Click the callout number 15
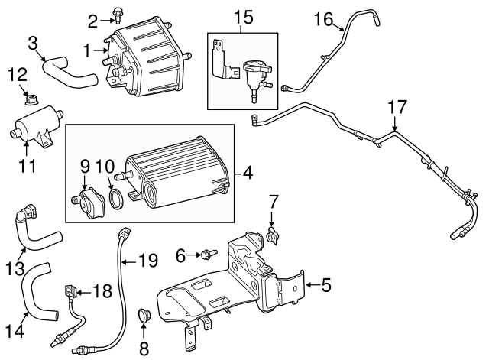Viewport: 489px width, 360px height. click(x=241, y=16)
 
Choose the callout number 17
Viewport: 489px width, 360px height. click(x=396, y=108)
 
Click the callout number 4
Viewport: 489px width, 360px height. click(x=248, y=174)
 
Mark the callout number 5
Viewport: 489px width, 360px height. click(x=325, y=287)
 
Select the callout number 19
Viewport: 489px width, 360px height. click(x=149, y=261)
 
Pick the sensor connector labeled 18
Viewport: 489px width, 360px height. click(x=73, y=291)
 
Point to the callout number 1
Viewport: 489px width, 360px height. click(x=88, y=51)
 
